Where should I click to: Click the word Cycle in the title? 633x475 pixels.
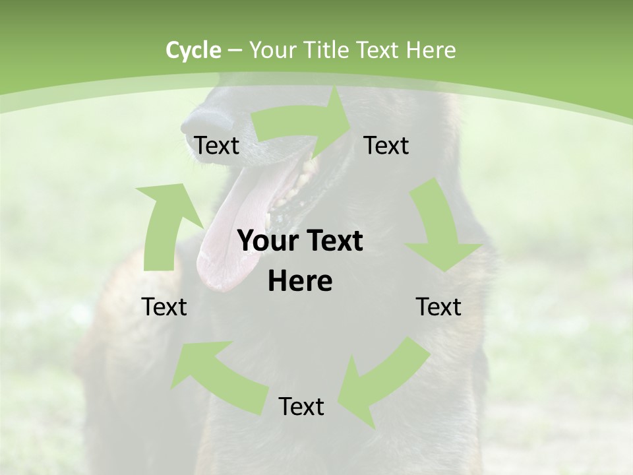(193, 50)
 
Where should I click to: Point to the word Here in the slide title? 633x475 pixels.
(431, 50)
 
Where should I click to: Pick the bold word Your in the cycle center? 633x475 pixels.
(263, 241)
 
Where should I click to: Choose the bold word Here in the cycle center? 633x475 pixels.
(300, 282)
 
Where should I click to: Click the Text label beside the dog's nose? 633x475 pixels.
(217, 145)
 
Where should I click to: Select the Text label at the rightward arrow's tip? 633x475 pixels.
(386, 145)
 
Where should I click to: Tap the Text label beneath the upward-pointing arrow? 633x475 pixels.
(164, 307)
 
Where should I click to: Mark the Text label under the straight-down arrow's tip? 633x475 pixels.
(438, 307)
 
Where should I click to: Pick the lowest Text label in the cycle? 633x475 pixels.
(301, 407)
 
